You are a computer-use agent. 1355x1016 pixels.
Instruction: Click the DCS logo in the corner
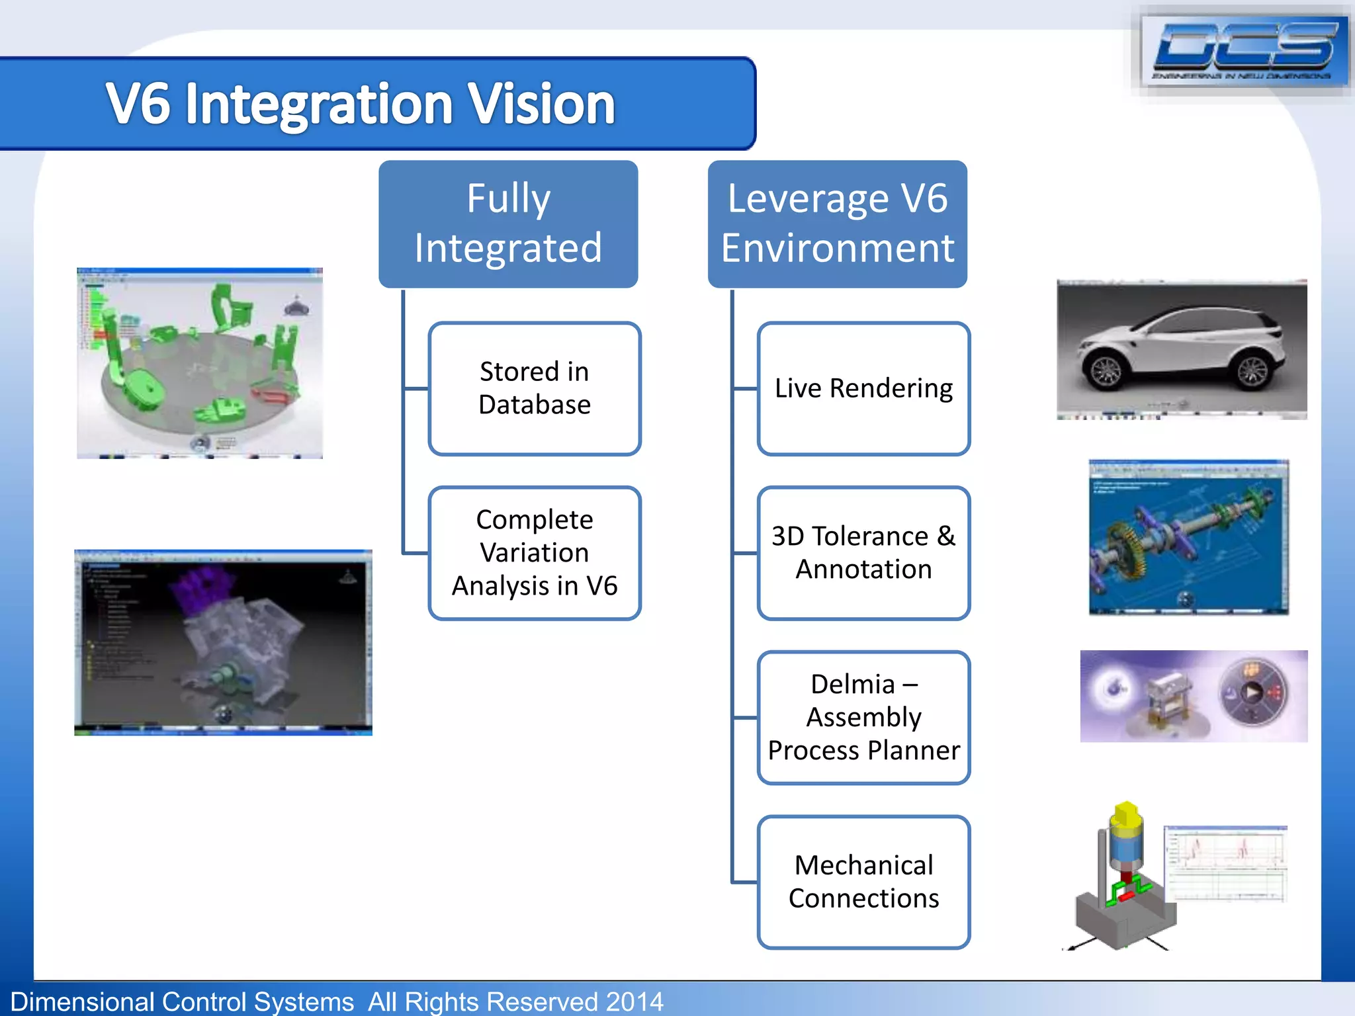(1244, 50)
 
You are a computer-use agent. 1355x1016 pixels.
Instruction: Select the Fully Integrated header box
(508, 224)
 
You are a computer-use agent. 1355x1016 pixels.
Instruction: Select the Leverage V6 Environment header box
(837, 224)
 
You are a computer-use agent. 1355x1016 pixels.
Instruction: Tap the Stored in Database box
(534, 388)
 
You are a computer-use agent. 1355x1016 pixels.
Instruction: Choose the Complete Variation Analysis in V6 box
(534, 553)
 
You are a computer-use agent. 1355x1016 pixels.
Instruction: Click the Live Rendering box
(863, 388)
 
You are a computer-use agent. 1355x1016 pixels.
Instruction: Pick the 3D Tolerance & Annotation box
(863, 553)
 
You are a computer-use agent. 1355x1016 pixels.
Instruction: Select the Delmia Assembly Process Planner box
(863, 718)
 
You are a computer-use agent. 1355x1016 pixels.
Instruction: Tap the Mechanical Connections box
(863, 882)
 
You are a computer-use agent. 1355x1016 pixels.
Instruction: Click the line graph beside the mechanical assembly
(1225, 863)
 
